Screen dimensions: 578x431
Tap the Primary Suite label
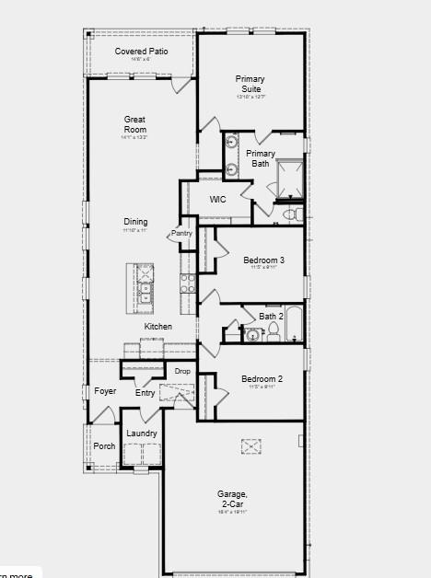click(x=250, y=84)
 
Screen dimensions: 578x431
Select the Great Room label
click(x=135, y=124)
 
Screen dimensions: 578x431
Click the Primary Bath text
click(x=261, y=158)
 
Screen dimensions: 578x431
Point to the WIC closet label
click(x=218, y=199)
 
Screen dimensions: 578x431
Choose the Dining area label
click(x=135, y=222)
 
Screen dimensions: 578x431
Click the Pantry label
click(x=181, y=233)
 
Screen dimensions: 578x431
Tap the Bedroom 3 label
click(x=262, y=260)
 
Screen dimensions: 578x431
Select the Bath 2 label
click(x=272, y=317)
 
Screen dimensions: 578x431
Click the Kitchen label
click(x=157, y=327)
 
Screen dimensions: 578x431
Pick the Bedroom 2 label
click(x=262, y=378)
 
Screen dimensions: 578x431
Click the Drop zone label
click(x=182, y=371)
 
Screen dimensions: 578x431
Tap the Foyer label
click(x=105, y=391)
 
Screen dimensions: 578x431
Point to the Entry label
click(x=146, y=393)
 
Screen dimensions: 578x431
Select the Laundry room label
click(x=142, y=433)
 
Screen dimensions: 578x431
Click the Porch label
click(x=105, y=446)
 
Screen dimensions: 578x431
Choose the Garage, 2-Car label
click(x=232, y=498)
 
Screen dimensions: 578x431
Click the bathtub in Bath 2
click(x=294, y=325)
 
